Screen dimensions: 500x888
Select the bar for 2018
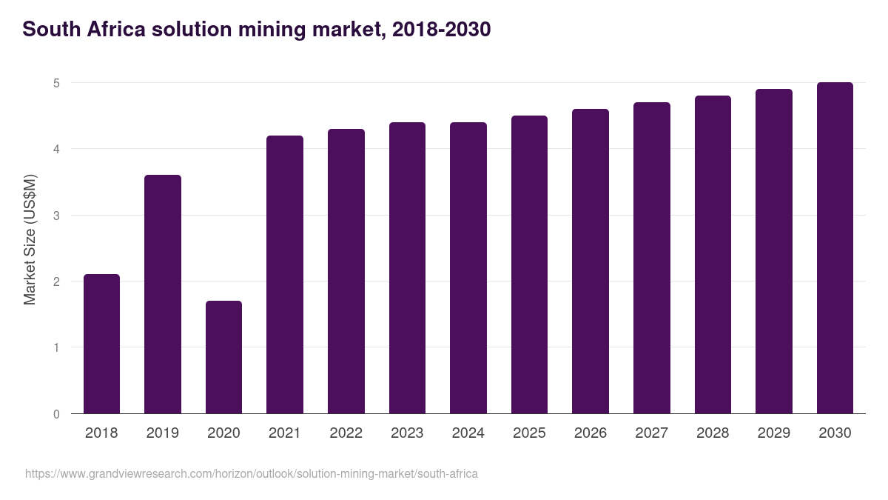point(101,344)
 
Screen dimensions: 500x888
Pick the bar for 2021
point(285,274)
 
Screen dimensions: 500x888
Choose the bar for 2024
point(468,267)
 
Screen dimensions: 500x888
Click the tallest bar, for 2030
point(835,247)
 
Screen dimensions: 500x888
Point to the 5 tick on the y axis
point(56,83)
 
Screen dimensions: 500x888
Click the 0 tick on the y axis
point(56,414)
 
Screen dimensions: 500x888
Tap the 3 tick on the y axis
point(56,216)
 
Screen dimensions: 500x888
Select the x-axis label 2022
point(346,433)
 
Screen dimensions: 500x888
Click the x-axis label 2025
point(529,433)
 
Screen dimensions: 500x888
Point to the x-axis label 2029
point(774,433)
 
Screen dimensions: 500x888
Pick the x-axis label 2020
point(223,433)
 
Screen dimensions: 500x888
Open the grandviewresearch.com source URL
point(252,473)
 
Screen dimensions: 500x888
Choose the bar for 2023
point(407,267)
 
